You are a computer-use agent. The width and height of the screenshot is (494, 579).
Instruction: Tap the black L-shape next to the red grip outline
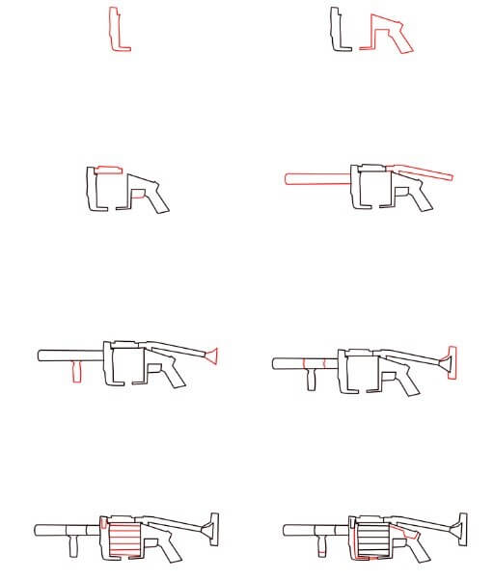336,30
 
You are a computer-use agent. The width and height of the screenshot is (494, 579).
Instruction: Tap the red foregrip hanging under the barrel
75,371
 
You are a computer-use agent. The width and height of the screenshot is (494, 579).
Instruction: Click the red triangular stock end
213,357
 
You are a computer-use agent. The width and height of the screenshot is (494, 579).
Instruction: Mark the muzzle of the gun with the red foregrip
41,355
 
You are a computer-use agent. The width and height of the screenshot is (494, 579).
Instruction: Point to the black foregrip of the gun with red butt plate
311,380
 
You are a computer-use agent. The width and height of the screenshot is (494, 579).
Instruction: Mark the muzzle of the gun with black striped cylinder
287,530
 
